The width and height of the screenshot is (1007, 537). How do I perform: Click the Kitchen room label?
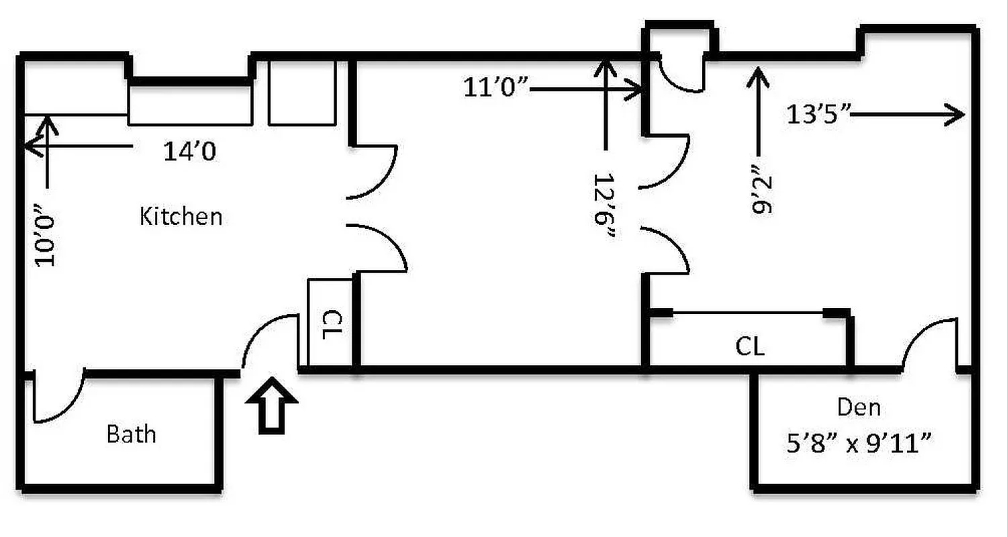(181, 216)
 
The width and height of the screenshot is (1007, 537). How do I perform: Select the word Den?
(859, 407)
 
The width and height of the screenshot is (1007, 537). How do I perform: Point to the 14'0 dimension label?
(190, 152)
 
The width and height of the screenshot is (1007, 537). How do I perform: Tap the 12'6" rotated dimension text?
(605, 209)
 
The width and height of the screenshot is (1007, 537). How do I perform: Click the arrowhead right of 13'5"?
(956, 114)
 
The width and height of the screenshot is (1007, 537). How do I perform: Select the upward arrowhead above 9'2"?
(759, 73)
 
